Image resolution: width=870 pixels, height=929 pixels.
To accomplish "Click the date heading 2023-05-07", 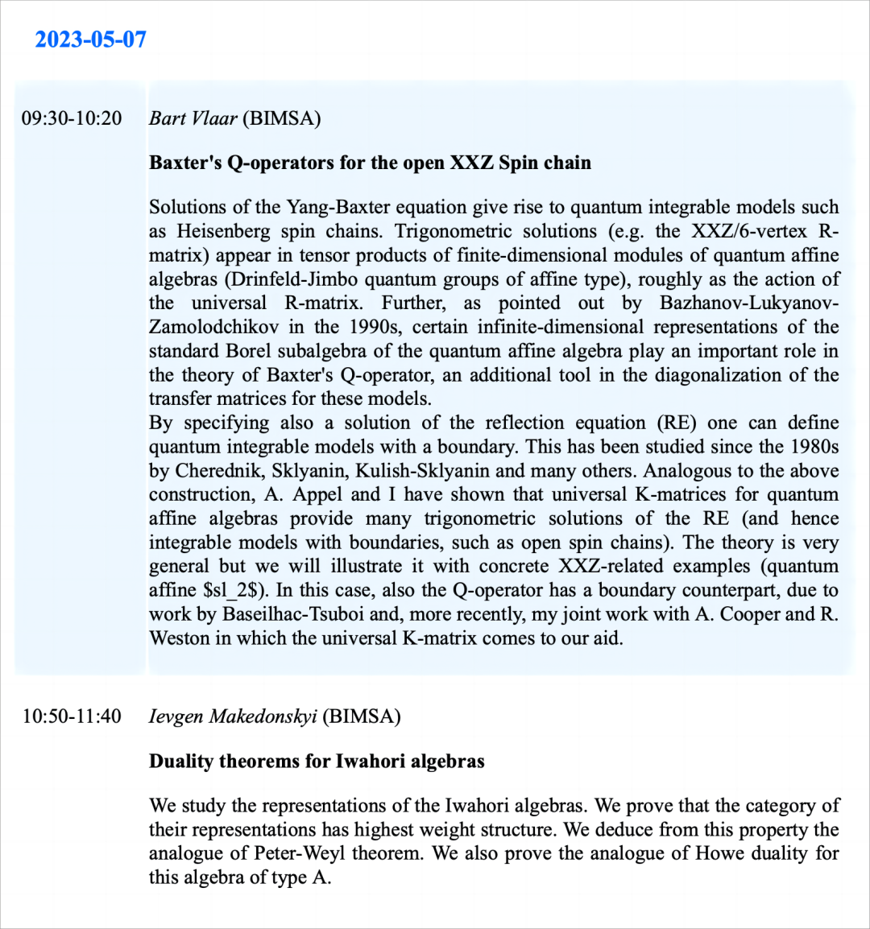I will coord(90,39).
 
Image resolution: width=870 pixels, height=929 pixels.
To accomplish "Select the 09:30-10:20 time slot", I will coord(72,119).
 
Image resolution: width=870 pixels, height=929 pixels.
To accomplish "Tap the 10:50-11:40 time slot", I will coord(72,716).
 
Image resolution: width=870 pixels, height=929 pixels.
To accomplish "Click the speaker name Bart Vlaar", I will coord(193,119).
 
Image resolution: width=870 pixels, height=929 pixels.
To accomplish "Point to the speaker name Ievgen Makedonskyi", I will coord(233,716).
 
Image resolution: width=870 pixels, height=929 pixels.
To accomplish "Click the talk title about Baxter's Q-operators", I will coord(370,163).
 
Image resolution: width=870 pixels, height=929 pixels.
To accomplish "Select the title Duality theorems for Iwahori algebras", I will coord(317,761).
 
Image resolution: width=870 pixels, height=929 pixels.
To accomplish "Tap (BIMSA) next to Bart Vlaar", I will coord(282,119).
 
